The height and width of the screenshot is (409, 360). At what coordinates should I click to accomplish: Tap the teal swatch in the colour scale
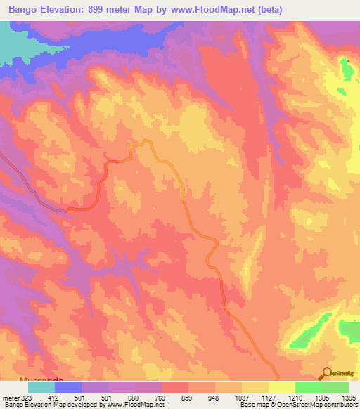(x=41, y=387)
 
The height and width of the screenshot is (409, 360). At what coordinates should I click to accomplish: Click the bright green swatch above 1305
(x=308, y=387)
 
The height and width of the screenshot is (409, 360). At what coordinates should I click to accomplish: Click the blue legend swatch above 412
(x=68, y=387)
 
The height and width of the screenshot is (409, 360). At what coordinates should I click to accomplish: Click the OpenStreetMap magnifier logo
(x=327, y=374)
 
